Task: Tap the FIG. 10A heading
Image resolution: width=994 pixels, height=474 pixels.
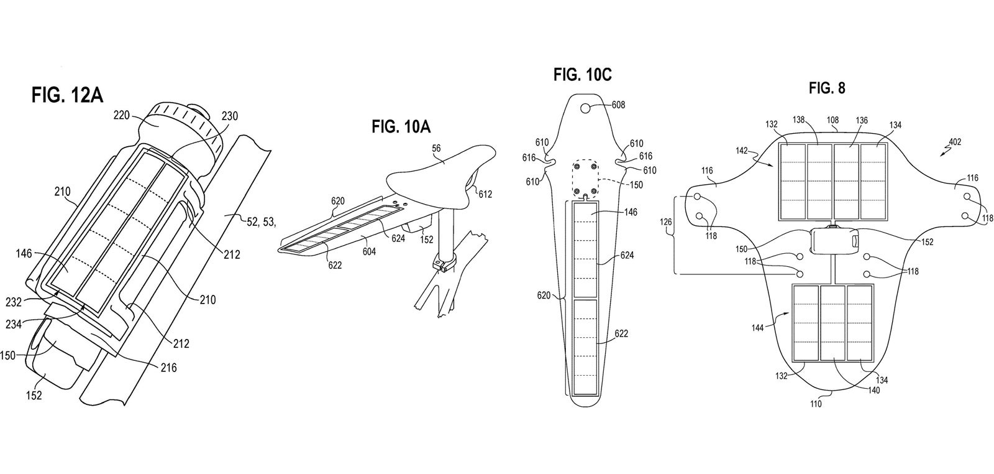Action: point(401,128)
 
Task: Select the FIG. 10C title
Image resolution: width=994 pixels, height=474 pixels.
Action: point(583,75)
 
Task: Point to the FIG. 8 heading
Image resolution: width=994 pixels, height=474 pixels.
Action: point(827,88)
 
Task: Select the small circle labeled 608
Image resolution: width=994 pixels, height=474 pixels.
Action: point(586,109)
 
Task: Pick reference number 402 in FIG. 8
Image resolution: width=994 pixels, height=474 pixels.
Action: point(954,142)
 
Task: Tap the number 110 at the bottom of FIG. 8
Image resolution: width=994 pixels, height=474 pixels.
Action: point(816,404)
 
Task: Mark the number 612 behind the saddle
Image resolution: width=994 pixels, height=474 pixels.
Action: point(485,194)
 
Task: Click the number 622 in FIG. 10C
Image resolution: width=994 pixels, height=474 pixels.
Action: point(621,333)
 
